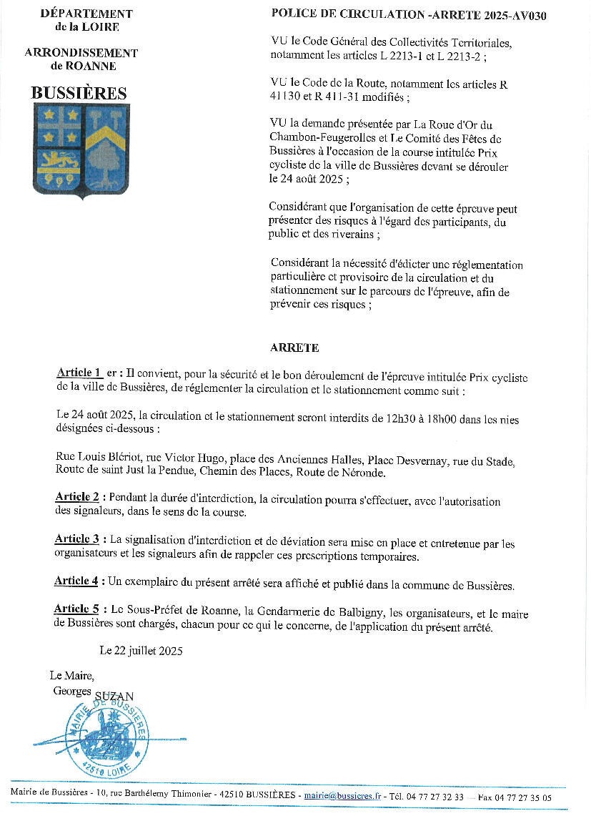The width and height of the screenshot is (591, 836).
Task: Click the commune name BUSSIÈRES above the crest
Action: click(79, 94)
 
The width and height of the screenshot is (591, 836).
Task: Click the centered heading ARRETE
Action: click(294, 348)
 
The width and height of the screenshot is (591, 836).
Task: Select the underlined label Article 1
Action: click(78, 373)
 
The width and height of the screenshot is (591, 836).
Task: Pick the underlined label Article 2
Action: click(77, 497)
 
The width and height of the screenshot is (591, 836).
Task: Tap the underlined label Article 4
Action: click(76, 581)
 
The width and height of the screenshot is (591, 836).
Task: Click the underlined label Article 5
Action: click(76, 609)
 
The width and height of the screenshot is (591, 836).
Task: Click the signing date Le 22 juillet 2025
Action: click(141, 651)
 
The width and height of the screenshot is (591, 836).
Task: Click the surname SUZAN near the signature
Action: click(114, 695)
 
